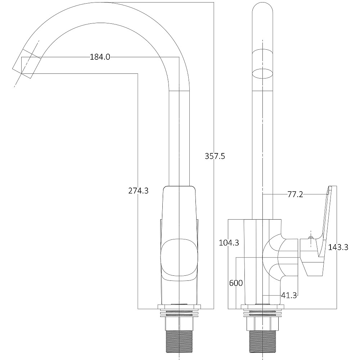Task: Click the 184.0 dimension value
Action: [100, 57]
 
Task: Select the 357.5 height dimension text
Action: [215, 156]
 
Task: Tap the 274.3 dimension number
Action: [139, 190]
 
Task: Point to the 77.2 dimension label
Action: [295, 195]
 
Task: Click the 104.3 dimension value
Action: [229, 242]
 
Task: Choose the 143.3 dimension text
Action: [338, 247]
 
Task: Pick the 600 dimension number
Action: [236, 283]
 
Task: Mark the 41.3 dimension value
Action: [289, 295]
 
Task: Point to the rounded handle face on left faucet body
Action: [179, 257]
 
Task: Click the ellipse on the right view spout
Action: [262, 74]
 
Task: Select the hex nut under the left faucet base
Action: [179, 324]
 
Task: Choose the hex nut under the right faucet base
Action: [262, 324]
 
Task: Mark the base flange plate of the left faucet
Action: [179, 307]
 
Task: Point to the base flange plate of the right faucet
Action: [262, 307]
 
